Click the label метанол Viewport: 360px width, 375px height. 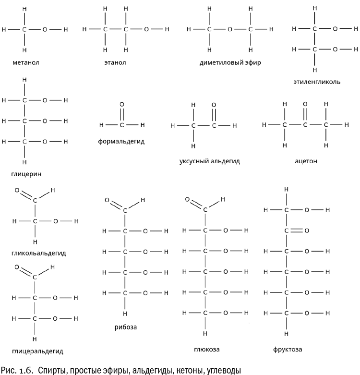pyautogui.click(x=26, y=62)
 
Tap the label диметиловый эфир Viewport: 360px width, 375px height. pyautogui.click(x=230, y=63)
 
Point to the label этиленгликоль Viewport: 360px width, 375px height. pyautogui.click(x=317, y=82)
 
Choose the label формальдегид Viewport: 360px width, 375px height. pyautogui.click(x=121, y=142)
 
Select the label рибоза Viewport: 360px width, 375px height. pyautogui.click(x=126, y=327)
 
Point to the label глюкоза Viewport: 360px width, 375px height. pyautogui.click(x=204, y=349)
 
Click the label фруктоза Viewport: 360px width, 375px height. pyautogui.click(x=287, y=349)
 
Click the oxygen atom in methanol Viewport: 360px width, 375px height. pyautogui.click(x=45, y=30)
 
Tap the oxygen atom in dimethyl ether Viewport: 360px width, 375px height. pyautogui.click(x=230, y=30)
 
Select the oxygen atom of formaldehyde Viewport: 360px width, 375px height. pyautogui.click(x=121, y=104)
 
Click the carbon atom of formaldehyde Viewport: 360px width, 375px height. pyautogui.click(x=121, y=126)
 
